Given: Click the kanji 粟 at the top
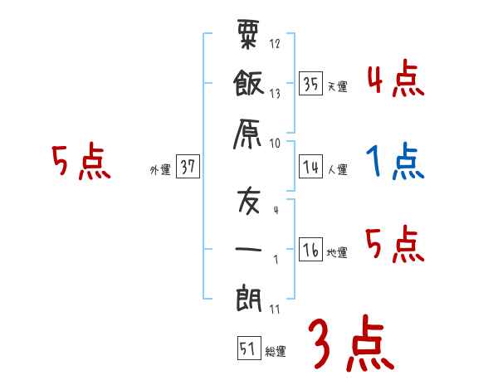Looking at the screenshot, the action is tap(247, 35).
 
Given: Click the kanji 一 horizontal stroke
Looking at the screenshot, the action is tap(248, 248).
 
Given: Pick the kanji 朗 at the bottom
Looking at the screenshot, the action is tap(248, 298).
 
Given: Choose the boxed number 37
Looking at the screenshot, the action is tap(187, 167).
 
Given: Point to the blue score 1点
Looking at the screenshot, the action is tap(394, 163).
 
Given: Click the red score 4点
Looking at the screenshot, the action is tap(394, 80).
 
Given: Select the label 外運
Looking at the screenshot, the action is tap(159, 169).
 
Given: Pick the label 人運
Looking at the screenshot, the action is tap(337, 169).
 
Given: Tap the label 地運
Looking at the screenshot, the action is tap(337, 252).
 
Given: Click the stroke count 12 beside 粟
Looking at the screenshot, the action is tap(275, 43).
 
